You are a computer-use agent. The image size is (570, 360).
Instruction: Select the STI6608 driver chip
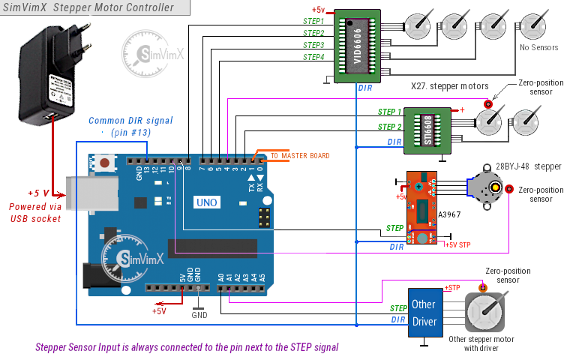point(426,130)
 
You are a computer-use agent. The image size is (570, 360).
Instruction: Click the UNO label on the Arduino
point(206,202)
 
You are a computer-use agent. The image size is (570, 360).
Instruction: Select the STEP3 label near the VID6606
point(313,45)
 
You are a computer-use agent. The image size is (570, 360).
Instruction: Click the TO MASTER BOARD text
point(300,156)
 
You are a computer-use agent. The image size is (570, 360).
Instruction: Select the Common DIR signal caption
point(130,120)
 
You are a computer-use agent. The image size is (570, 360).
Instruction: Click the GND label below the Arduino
point(199,316)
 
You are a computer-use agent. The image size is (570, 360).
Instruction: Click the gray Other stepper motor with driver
point(489,315)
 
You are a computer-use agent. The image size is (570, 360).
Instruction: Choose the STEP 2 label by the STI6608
point(390,127)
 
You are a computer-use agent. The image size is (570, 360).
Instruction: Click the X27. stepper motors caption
point(450,85)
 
